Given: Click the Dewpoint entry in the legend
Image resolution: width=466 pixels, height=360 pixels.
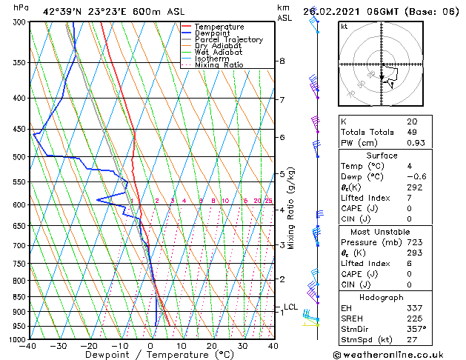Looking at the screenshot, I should point(214,33).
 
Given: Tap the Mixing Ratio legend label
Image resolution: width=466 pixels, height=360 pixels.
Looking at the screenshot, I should point(219,65).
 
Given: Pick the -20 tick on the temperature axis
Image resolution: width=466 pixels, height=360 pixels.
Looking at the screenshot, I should point(89,346).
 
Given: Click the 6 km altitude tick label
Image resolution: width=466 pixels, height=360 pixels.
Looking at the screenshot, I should point(282,137).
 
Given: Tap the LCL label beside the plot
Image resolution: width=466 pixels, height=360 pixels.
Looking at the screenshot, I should point(290,307).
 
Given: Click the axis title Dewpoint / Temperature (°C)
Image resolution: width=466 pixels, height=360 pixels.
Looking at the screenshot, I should point(150,356).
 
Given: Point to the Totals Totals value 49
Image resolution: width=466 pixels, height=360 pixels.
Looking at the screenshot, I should point(412,131).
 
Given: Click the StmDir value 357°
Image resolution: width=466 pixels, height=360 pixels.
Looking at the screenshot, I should point(416,328).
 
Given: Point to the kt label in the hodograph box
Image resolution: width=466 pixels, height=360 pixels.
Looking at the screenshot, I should point(344,27).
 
